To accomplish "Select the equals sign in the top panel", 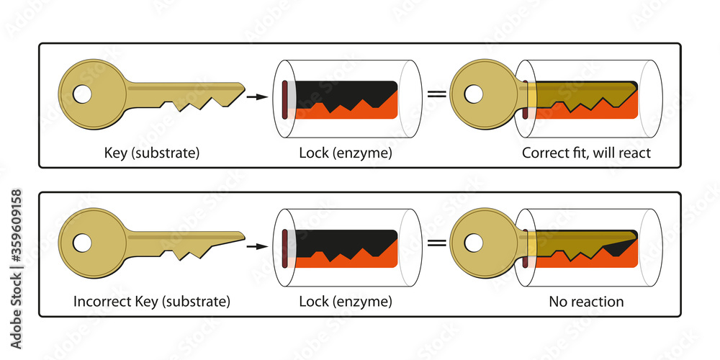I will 436,94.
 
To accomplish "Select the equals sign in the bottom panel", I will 436,243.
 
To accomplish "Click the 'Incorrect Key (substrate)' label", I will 151,301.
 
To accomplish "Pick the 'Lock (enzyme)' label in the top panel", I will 346,153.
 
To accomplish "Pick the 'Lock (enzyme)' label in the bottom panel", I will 346,301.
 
